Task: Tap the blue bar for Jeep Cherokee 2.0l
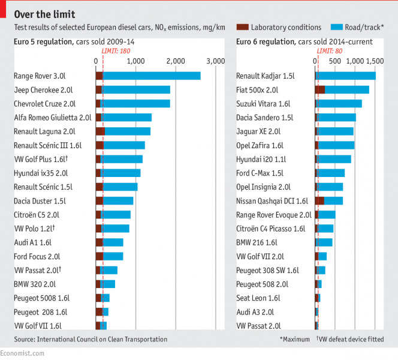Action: point(136,89)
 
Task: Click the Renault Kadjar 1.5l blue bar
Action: point(346,76)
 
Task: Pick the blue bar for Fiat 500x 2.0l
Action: point(346,89)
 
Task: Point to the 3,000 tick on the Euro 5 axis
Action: point(215,61)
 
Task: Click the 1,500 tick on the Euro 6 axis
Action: point(375,61)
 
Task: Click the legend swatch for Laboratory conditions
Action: point(243,28)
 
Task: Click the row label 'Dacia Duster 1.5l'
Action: point(40,200)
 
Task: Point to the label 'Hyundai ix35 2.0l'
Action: point(41,173)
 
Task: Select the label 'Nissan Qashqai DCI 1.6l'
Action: point(272,200)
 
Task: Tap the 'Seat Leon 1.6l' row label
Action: point(258,298)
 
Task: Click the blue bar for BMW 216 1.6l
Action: point(325,242)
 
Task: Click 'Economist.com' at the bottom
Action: point(22,353)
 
